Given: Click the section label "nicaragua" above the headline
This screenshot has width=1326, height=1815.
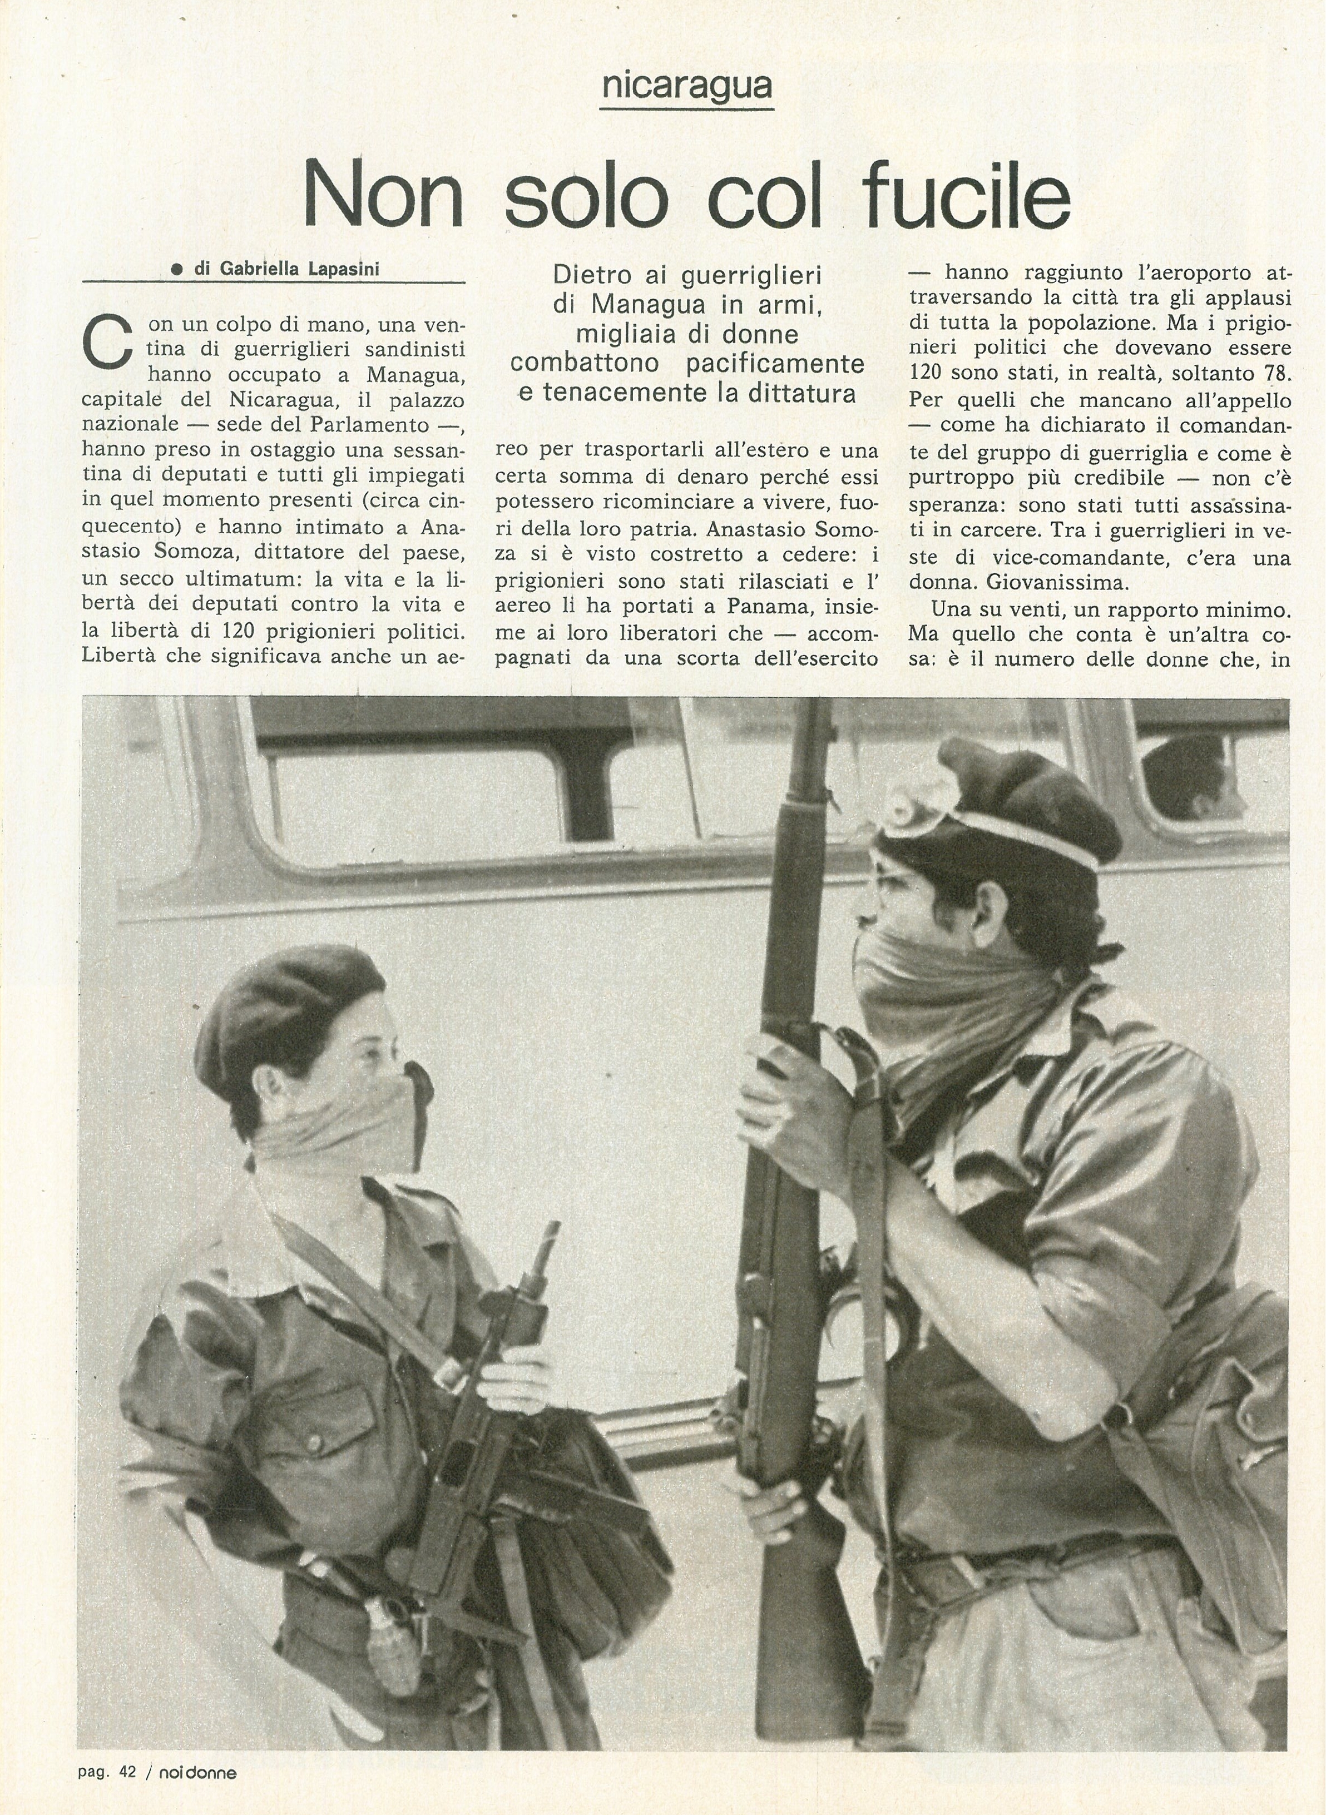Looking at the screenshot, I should [686, 85].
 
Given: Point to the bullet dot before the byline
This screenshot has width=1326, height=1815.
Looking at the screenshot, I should [175, 271].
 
